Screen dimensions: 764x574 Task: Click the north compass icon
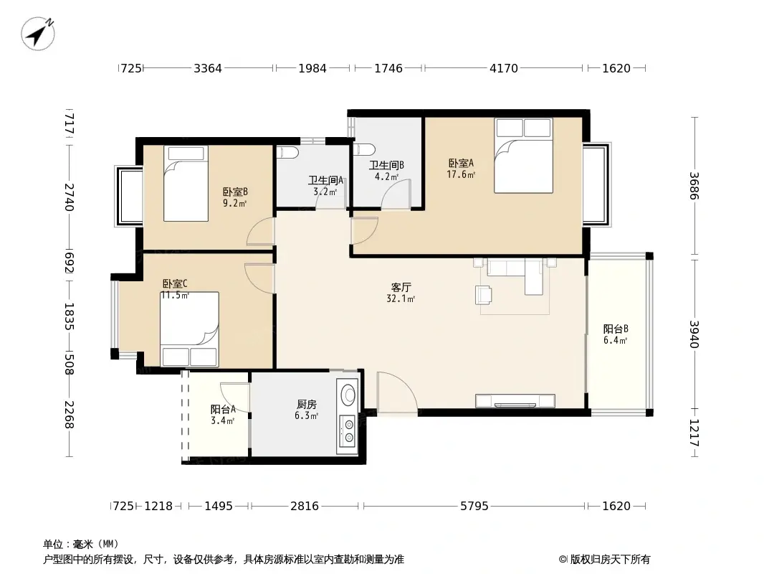[38, 33]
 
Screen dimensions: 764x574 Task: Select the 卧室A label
[461, 163]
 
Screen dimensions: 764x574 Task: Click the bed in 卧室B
[186, 184]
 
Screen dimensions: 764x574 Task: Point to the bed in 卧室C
[189, 329]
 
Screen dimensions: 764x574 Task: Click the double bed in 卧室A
[523, 156]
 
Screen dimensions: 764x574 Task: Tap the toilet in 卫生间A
[287, 152]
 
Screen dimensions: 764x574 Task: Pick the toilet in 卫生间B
[363, 149]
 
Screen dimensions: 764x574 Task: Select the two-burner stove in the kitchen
[348, 431]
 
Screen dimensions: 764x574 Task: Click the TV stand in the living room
[515, 401]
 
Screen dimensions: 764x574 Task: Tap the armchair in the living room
[483, 295]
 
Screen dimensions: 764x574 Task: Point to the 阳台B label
[616, 329]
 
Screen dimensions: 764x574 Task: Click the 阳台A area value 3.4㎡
[223, 420]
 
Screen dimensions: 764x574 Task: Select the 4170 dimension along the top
[504, 68]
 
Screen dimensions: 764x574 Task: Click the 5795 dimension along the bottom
[474, 507]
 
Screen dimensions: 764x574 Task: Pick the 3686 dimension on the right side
[694, 186]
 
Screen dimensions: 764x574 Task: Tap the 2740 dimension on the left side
[70, 197]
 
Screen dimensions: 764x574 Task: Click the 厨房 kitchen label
[307, 404]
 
